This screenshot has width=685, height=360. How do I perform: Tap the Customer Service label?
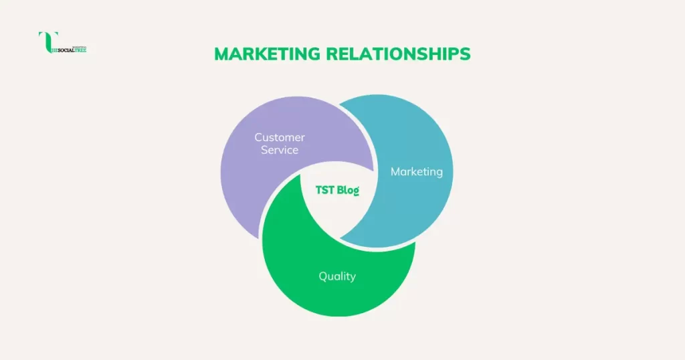[280, 143]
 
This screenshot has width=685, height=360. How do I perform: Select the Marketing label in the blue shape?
[416, 172]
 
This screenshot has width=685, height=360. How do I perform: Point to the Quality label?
[337, 276]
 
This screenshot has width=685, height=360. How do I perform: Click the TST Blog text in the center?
[337, 191]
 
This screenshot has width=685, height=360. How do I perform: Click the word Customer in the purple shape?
[280, 137]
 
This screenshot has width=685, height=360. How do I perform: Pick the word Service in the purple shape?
[280, 150]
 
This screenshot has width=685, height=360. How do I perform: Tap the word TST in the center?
[325, 191]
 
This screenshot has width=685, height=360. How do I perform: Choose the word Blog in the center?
[348, 191]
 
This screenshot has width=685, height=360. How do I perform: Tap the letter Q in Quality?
[322, 276]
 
